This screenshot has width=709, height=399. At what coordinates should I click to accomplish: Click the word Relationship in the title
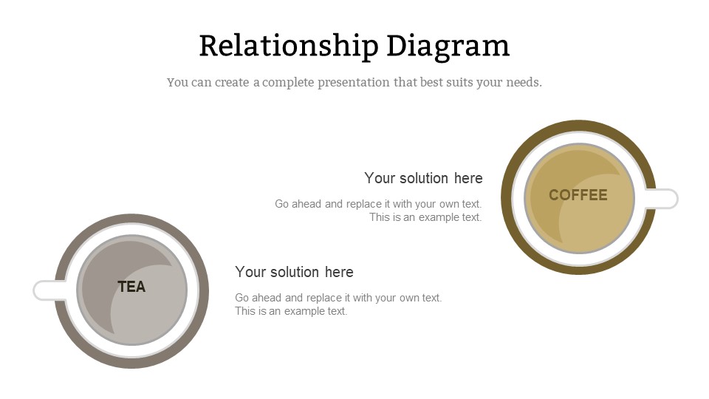pyautogui.click(x=289, y=46)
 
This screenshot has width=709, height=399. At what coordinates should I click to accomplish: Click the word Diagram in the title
pyautogui.click(x=448, y=46)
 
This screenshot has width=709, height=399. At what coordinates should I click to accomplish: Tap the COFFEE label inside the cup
pyautogui.click(x=578, y=195)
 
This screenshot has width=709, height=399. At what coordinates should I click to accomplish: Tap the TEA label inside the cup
pyautogui.click(x=131, y=287)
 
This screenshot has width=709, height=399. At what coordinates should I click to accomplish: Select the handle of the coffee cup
pyautogui.click(x=661, y=199)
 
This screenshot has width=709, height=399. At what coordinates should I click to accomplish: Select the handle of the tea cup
pyautogui.click(x=49, y=290)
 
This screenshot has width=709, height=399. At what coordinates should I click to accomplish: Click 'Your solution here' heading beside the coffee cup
pyautogui.click(x=424, y=178)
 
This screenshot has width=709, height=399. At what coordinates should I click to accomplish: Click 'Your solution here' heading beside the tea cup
pyautogui.click(x=295, y=272)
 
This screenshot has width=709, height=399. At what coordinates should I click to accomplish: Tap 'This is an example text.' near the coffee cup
pyautogui.click(x=425, y=217)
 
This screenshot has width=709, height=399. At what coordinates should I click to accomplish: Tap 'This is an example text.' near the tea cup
pyautogui.click(x=291, y=311)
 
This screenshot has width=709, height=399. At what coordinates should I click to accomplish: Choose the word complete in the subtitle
pyautogui.click(x=288, y=83)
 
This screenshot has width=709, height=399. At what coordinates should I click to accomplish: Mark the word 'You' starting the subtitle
pyautogui.click(x=177, y=83)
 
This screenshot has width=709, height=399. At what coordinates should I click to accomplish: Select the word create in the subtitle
pyautogui.click(x=232, y=83)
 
